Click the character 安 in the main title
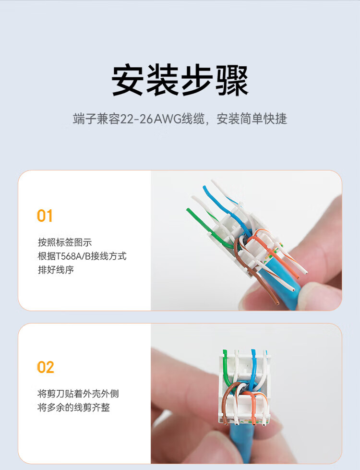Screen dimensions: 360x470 tap(128, 80)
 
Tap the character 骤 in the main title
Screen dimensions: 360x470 tap(232, 80)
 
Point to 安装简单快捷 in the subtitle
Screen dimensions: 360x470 tap(252, 119)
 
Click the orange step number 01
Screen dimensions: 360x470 tap(45, 216)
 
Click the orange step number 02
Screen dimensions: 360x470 tap(46, 367)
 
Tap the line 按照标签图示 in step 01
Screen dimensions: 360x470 tap(65, 242)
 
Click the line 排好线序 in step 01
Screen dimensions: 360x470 tap(56, 270)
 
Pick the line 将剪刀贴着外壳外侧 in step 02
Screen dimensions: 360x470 tap(78, 394)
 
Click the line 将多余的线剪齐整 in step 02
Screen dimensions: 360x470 tap(73, 408)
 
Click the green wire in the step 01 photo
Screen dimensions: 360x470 tap(207, 229)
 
